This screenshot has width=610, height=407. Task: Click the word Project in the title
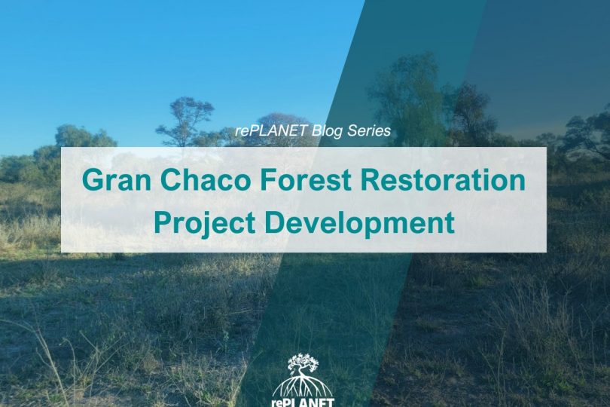(205, 223)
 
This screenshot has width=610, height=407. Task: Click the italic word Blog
(328, 131)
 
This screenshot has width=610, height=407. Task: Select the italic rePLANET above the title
(271, 131)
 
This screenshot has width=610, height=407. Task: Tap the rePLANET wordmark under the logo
(303, 402)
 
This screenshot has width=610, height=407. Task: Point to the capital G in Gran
(93, 179)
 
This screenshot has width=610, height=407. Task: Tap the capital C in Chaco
(171, 179)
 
